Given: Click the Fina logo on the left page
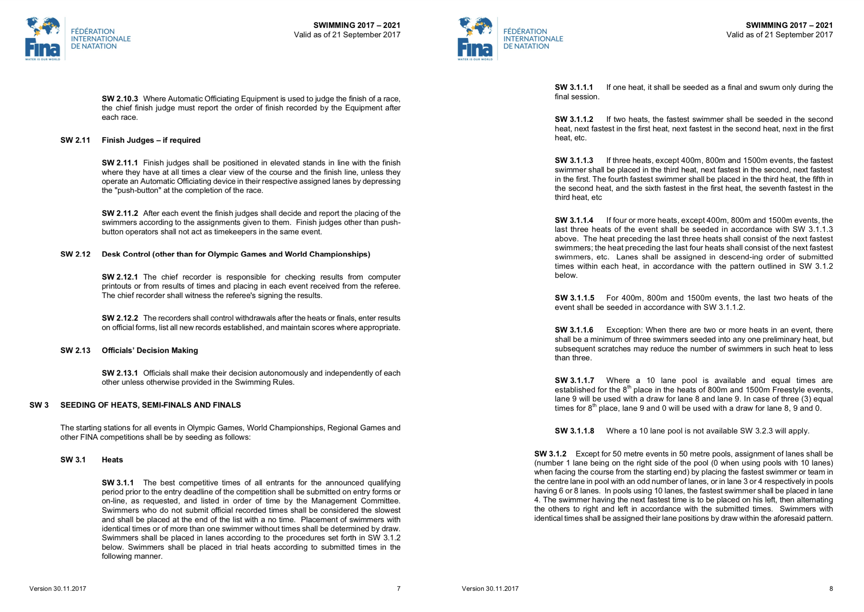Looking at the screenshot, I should [x=42, y=38].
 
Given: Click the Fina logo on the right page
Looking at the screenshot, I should [x=475, y=38].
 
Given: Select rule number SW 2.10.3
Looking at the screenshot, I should [x=119, y=99].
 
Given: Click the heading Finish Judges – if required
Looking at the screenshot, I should [x=151, y=140].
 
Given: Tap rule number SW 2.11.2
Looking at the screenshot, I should [x=119, y=213].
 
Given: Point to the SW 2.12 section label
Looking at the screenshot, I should [x=75, y=254].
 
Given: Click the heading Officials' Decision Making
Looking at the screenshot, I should [x=150, y=351].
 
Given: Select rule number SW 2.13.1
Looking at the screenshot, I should [x=119, y=373].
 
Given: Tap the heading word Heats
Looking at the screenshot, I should [x=112, y=460].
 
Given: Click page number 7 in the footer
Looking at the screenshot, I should [x=398, y=589].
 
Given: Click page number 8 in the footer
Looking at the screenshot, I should [x=831, y=589].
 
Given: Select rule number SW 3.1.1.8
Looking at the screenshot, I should [x=574, y=431].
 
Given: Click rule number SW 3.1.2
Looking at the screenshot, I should [x=550, y=454].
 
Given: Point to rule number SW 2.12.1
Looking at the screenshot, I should [x=119, y=277].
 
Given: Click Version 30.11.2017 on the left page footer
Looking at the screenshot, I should [x=58, y=589].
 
